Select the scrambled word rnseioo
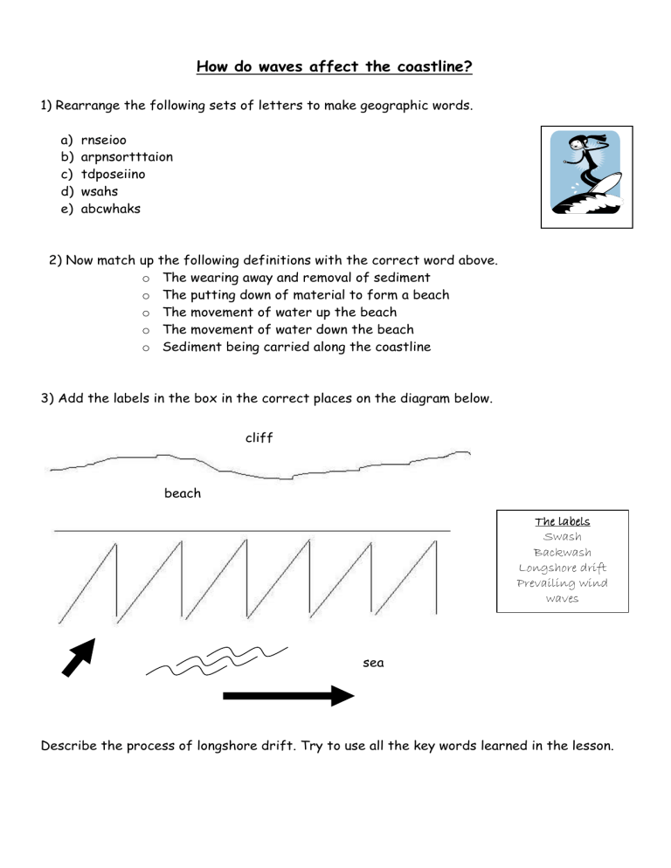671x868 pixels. click(109, 140)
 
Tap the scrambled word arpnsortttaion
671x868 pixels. click(127, 157)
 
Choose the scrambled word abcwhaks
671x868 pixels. click(110, 210)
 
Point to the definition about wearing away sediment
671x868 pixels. click(296, 278)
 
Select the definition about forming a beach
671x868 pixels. click(306, 295)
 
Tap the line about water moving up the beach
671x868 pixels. click(280, 312)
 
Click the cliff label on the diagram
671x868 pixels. click(259, 438)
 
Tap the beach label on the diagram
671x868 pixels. click(183, 493)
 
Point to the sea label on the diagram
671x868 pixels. click(373, 664)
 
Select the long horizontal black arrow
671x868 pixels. click(288, 696)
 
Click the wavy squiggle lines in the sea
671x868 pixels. click(217, 662)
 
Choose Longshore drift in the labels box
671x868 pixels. click(562, 568)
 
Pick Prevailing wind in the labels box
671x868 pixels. click(562, 583)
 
